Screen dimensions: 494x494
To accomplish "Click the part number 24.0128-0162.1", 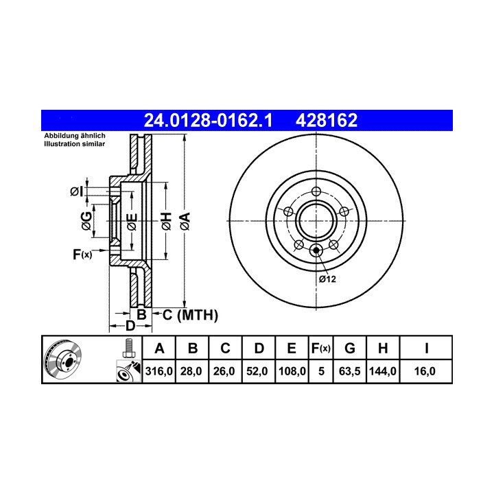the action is coord(208,120).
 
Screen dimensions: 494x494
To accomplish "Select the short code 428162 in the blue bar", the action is coord(327,120).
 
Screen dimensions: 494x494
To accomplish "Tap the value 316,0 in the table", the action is coord(158,371).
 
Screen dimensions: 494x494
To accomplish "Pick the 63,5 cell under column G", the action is coord(349,371).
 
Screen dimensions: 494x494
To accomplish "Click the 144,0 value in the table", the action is coord(382,371).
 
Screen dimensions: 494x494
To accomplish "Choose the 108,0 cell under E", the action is coord(292,371).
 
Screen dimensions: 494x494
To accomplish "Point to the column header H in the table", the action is coord(383,349).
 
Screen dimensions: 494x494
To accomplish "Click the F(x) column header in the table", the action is coord(320,349).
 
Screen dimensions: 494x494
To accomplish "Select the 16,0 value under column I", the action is coord(425,371).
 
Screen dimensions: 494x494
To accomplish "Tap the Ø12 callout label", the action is coord(327,279).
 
